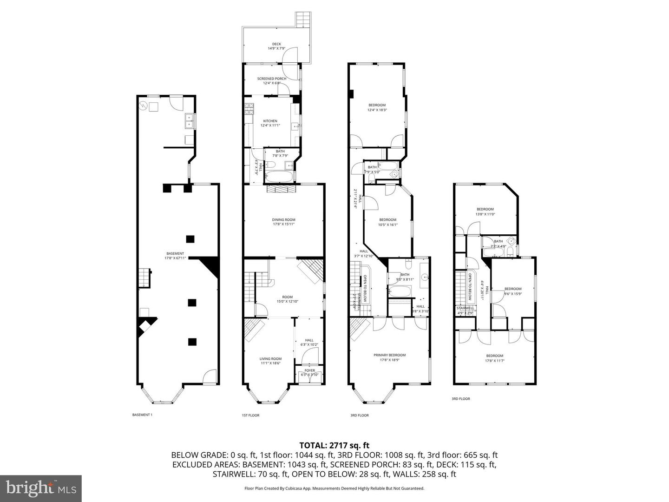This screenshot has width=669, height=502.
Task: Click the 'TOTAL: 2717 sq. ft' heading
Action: click(x=334, y=446)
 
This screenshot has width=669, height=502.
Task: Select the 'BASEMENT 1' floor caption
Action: click(x=142, y=415)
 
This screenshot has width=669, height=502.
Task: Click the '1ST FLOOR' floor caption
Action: click(x=250, y=415)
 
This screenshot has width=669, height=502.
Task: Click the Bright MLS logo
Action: click(x=41, y=488)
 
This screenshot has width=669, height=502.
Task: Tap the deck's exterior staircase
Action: click(x=303, y=19)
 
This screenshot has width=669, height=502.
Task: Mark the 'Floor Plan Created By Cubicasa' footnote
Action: click(x=334, y=488)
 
